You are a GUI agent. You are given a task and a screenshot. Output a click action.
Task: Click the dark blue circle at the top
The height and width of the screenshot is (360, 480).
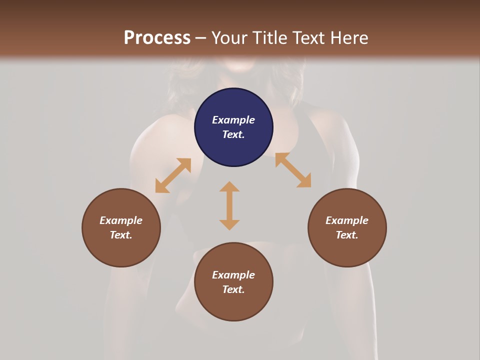click(x=233, y=127)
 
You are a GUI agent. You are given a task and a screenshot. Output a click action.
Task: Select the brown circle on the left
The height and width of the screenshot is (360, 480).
click(x=121, y=227)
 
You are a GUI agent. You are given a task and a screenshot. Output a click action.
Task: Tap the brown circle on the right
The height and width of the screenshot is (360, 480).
click(x=347, y=227)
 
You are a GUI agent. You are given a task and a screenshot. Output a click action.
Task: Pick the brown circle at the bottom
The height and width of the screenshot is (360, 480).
click(x=233, y=282)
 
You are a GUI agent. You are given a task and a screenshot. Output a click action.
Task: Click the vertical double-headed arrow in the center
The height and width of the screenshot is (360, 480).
click(x=229, y=205)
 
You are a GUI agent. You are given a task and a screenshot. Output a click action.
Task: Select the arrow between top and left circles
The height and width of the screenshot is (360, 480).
click(x=173, y=175)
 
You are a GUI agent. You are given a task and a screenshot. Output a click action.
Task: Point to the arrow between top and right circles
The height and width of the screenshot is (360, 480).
click(x=293, y=170)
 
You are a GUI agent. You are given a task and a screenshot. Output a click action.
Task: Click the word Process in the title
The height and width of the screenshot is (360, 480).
click(x=157, y=38)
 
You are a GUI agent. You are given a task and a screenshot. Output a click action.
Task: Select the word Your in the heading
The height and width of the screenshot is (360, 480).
click(x=230, y=38)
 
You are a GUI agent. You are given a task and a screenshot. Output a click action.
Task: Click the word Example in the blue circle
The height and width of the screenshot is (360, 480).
click(x=233, y=120)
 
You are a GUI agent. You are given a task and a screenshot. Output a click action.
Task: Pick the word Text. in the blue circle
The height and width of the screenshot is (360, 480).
click(x=233, y=134)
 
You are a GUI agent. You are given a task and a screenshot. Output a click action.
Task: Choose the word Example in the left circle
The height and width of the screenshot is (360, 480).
click(x=121, y=220)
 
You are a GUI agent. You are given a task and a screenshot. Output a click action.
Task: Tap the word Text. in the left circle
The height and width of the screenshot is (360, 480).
click(x=121, y=235)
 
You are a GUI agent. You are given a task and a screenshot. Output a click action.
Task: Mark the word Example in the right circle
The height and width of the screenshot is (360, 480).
click(x=347, y=220)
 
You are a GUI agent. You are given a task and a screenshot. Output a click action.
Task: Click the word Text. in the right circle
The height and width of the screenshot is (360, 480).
click(x=347, y=235)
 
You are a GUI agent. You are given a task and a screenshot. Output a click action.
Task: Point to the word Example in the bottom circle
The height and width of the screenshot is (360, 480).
click(x=233, y=275)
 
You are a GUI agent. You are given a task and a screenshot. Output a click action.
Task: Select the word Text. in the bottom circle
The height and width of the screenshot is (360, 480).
click(x=233, y=289)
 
